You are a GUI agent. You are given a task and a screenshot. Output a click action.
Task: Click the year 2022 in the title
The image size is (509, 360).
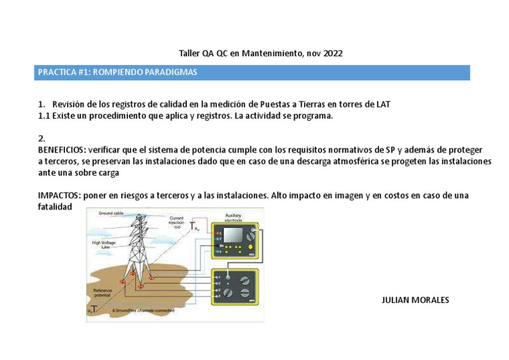(334, 53)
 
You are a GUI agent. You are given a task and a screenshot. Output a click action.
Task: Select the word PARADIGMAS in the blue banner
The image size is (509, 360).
(169, 72)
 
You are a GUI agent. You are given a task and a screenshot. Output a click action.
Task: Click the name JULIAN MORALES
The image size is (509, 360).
(416, 300)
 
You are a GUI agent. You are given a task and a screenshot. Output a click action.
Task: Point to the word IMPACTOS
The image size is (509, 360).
(58, 195)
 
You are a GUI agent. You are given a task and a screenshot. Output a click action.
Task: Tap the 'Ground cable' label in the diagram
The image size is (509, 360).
(111, 213)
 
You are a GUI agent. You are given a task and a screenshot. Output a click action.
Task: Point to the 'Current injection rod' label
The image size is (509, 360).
(177, 223)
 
